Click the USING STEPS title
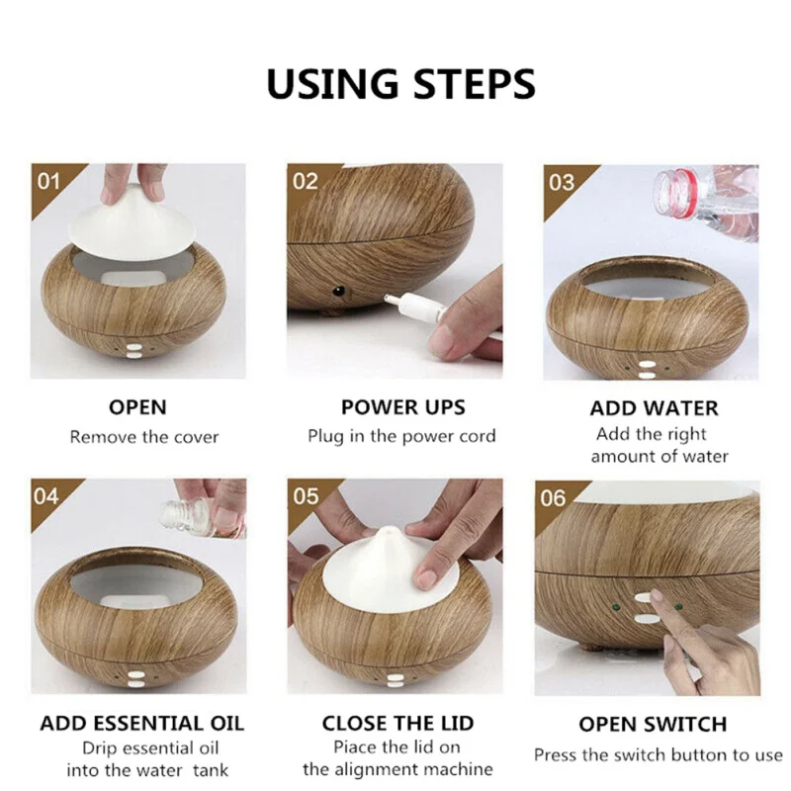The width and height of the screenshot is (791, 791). pyautogui.click(x=400, y=84)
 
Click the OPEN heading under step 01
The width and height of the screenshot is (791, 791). pyautogui.click(x=137, y=407)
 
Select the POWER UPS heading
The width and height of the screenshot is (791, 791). pyautogui.click(x=403, y=407)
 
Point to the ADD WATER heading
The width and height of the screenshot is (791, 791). pyautogui.click(x=654, y=408)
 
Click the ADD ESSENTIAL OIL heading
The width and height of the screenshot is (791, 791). pyautogui.click(x=141, y=724)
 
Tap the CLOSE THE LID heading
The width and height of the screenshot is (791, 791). pyautogui.click(x=398, y=724)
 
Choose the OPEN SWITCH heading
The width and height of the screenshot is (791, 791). pyautogui.click(x=653, y=725)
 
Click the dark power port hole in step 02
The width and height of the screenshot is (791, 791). pyautogui.click(x=338, y=291)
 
